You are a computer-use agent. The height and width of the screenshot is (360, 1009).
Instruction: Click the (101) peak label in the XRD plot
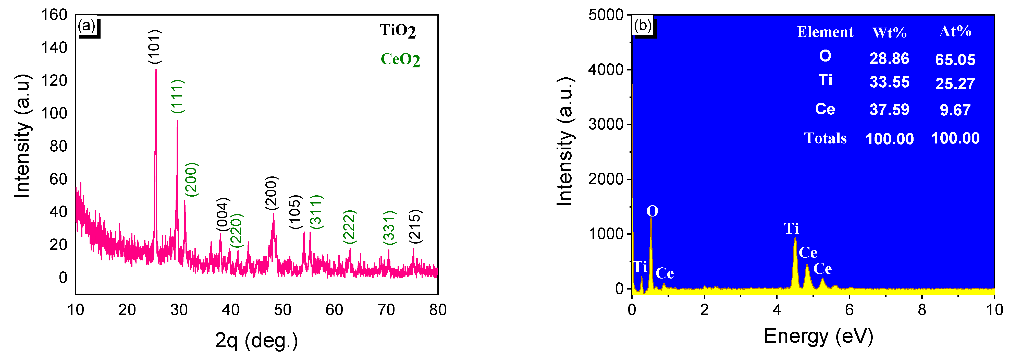(x=155, y=46)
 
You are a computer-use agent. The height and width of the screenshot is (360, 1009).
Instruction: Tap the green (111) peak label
(x=177, y=96)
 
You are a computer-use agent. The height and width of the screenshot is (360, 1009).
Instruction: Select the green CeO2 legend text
(x=400, y=59)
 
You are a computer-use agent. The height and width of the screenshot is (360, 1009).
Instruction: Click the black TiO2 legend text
(x=398, y=31)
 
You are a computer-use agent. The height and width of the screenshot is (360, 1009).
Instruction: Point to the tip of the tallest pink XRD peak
(x=156, y=70)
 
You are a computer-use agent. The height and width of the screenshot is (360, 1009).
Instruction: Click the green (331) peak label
(x=389, y=227)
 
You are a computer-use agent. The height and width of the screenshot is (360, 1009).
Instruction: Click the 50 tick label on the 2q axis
(x=282, y=310)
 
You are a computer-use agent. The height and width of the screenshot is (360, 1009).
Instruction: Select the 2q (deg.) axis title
(x=256, y=340)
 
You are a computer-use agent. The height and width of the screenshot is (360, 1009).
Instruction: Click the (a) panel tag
(x=87, y=26)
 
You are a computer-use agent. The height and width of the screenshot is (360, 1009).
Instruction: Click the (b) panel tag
(x=643, y=26)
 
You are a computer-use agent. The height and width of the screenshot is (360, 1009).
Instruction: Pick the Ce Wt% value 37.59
(x=889, y=110)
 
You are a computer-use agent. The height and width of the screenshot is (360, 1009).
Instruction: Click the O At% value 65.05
(x=955, y=59)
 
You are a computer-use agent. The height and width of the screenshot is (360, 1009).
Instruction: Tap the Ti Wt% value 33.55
(x=889, y=82)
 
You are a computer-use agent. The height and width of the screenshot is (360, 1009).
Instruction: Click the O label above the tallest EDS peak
(x=652, y=211)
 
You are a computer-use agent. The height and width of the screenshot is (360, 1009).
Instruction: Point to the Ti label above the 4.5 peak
(x=791, y=228)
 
